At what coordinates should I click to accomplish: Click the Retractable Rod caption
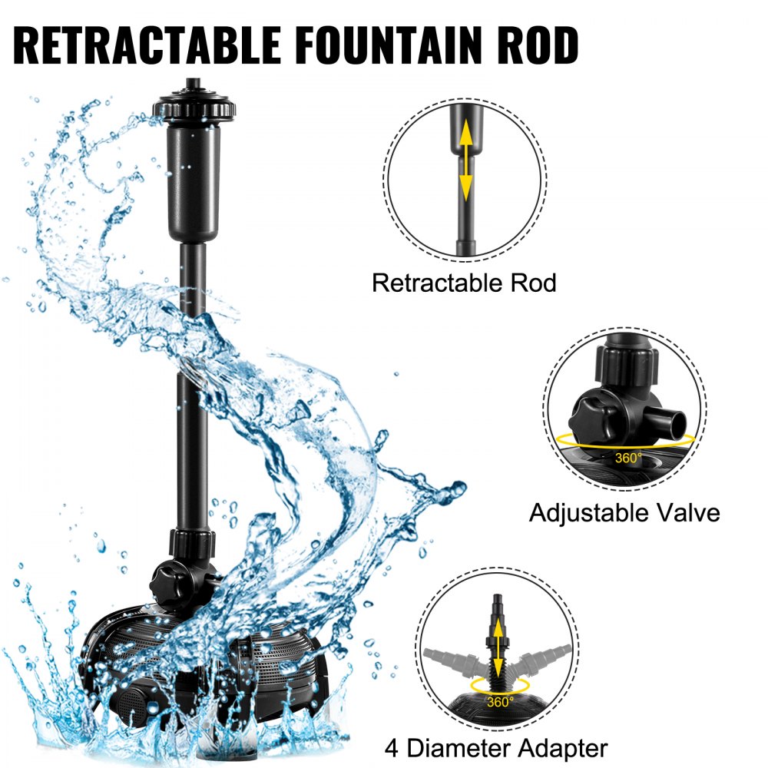click(463, 283)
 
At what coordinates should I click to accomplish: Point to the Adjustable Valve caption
click(624, 512)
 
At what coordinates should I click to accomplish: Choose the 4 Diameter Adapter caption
click(496, 747)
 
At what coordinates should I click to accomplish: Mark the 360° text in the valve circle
click(627, 458)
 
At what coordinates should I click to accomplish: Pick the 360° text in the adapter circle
click(498, 701)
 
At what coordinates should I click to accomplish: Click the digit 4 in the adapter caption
click(392, 747)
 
